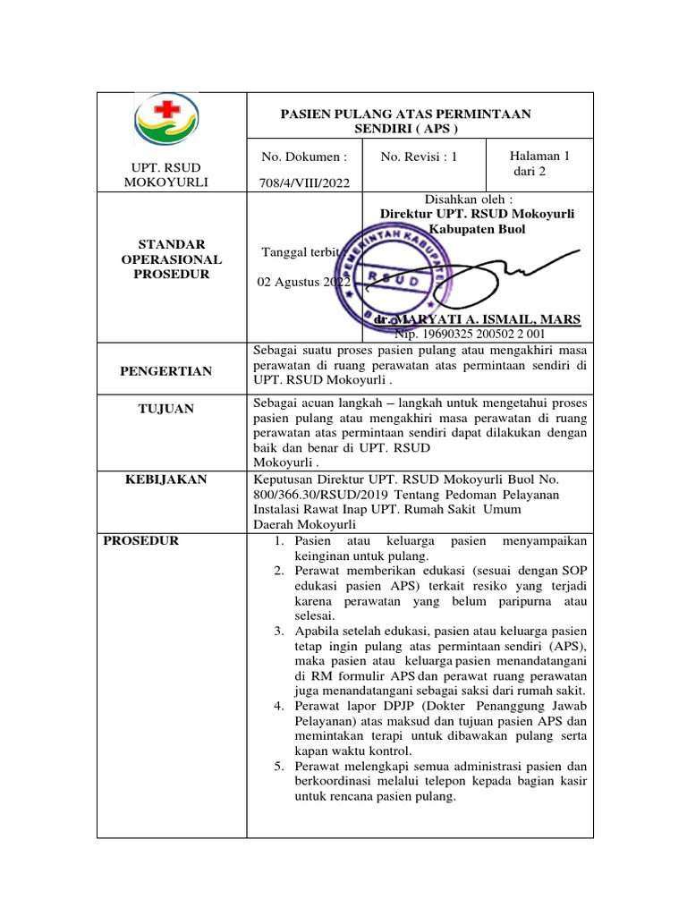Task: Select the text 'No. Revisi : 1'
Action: (419, 157)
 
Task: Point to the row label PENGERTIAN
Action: (171, 371)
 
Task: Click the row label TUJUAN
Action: (171, 409)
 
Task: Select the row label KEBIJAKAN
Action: (171, 479)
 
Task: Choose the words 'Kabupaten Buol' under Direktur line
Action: (477, 229)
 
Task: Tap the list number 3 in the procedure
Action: (279, 632)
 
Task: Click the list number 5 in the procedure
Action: (279, 767)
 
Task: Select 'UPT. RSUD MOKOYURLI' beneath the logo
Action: (171, 175)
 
